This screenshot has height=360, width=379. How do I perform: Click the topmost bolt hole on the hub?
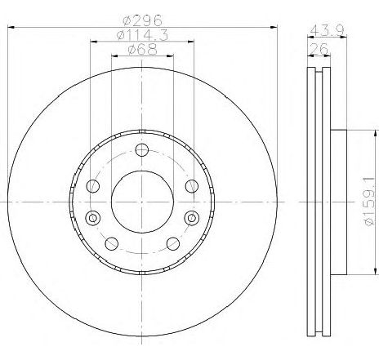click(142, 149)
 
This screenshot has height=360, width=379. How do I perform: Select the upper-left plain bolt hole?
click(92, 186)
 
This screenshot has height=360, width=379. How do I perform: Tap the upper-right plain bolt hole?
click(193, 186)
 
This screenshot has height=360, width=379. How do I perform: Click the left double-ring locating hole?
click(91, 217)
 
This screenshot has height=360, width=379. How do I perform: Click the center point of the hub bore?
click(142, 202)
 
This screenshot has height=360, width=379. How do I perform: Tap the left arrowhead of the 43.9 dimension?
click(309, 38)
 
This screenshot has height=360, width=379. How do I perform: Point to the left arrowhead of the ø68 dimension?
click(113, 57)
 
